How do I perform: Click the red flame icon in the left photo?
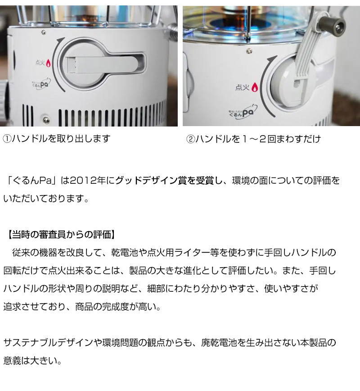[48, 63]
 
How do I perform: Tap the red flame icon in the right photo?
[254, 87]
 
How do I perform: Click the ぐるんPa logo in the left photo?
[41, 83]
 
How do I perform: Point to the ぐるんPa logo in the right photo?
[242, 112]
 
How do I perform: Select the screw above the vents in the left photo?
[46, 119]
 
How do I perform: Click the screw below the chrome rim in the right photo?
[249, 52]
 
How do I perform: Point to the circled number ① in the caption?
[7, 139]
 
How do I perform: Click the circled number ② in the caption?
[191, 139]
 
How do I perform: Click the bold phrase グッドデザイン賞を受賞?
[164, 181]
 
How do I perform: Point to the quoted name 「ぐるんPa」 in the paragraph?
[32, 181]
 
